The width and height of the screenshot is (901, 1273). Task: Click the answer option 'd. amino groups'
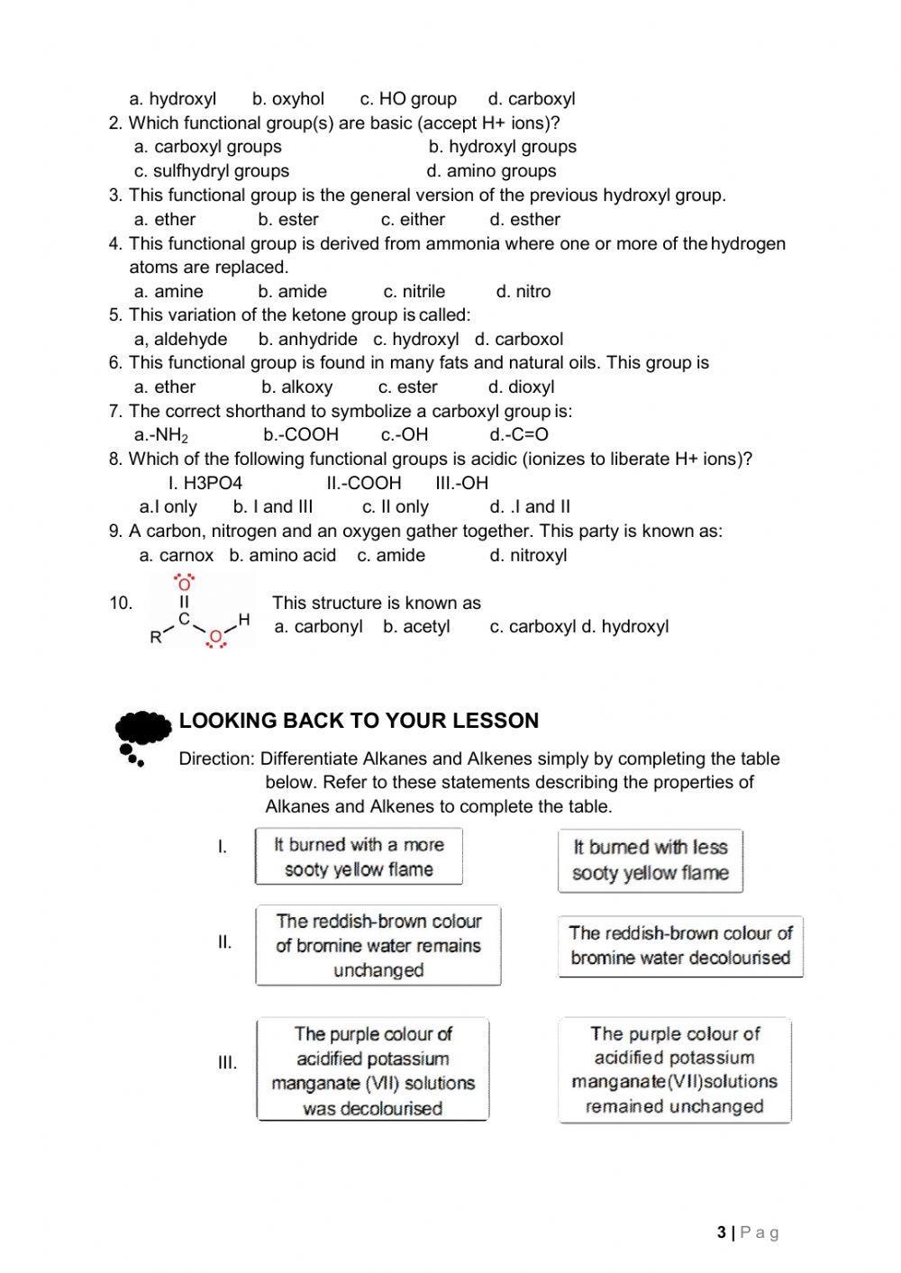[491, 171]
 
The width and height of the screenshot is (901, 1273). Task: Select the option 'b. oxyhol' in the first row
[287, 99]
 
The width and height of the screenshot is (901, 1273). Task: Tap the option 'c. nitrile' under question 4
[414, 291]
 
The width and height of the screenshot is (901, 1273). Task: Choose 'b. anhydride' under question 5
[307, 339]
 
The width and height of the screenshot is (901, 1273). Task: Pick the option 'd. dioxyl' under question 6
[521, 387]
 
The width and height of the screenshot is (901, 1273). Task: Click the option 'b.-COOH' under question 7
[301, 435]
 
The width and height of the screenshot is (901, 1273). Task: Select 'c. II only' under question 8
[395, 507]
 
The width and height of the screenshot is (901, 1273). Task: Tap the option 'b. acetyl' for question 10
[415, 627]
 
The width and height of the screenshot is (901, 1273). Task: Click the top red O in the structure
[184, 584]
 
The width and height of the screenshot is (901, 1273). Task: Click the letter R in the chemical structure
[156, 637]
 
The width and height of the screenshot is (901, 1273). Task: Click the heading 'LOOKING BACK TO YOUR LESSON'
[359, 721]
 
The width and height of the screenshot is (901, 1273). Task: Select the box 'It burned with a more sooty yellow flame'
[359, 857]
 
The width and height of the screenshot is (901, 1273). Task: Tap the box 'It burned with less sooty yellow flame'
[650, 860]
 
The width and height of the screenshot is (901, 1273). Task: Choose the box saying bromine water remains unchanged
[378, 945]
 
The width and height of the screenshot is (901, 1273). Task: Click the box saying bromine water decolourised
[679, 946]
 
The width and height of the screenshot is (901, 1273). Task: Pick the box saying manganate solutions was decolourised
[372, 1070]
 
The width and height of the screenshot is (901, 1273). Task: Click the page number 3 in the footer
[722, 1232]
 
